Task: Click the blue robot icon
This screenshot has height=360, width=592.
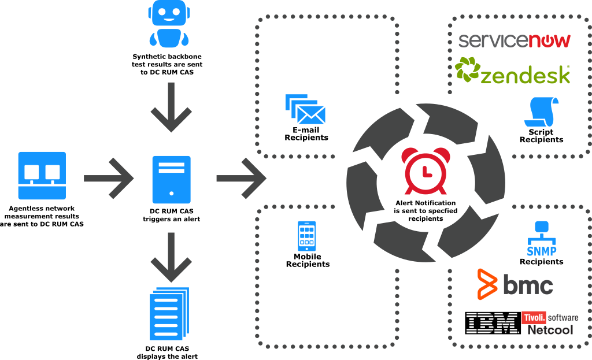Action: coord(169,23)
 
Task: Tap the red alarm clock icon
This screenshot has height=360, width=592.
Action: coord(425,170)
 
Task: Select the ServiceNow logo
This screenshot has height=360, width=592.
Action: coord(514,40)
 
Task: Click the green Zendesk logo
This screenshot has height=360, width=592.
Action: coord(513,70)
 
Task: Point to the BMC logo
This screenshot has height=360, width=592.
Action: coord(515,284)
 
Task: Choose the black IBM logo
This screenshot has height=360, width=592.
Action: coord(493,323)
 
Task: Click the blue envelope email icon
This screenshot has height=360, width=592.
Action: coord(305,109)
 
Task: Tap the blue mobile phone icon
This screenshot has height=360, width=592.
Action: coord(306,236)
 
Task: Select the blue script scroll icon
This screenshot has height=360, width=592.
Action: coord(541,112)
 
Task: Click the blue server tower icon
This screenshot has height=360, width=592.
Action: coord(171,180)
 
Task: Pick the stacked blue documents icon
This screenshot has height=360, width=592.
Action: coord(169,314)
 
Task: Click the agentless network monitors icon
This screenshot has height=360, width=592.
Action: coord(42,176)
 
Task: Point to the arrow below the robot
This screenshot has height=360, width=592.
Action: coord(171,107)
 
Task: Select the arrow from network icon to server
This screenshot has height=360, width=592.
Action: coord(109,178)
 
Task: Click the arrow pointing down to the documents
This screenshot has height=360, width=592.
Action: coord(171,257)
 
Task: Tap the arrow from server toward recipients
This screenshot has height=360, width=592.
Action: coord(242,178)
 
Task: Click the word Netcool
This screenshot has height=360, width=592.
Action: coord(550,330)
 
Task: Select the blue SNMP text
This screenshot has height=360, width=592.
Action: coord(541,251)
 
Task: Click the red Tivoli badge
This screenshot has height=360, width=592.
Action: coord(534,317)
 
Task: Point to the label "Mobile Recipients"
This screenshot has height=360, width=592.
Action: coord(308,261)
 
